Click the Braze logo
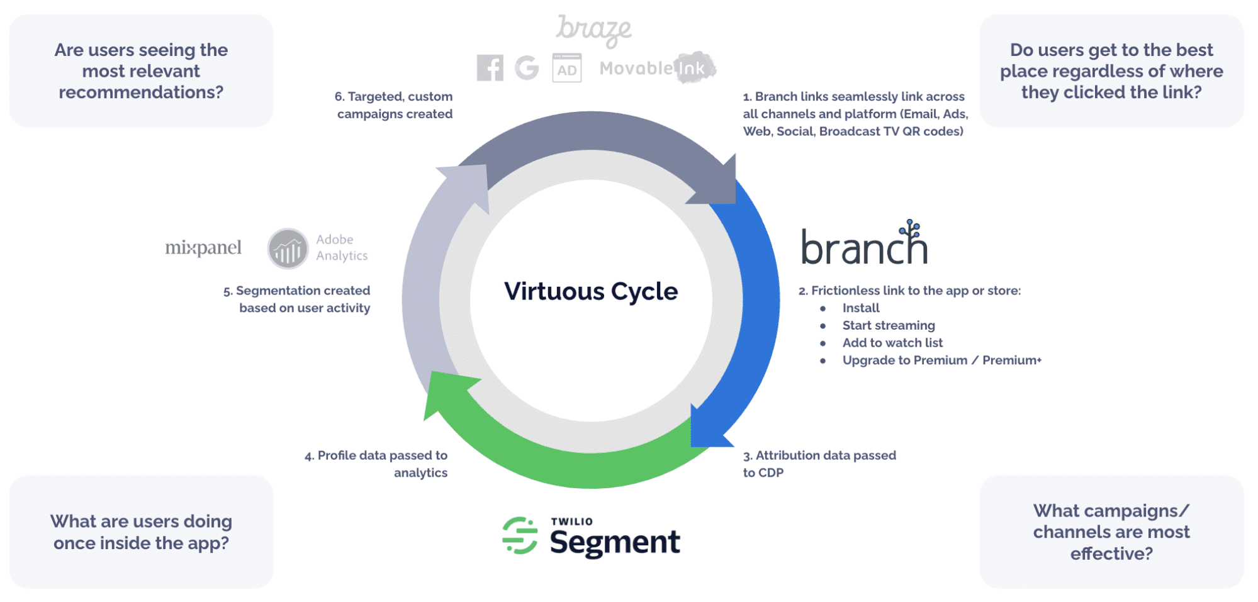[593, 30]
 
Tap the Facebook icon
[490, 68]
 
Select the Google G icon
[527, 68]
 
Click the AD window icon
[566, 69]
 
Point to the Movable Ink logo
[657, 68]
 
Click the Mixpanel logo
[203, 248]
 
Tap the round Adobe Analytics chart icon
[288, 248]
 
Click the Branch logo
[864, 245]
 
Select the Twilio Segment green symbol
[520, 536]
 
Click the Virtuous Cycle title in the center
[591, 291]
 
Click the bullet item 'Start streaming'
[889, 325]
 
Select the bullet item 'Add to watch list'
[892, 343]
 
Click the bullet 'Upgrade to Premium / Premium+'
[941, 360]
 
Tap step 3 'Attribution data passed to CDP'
[819, 464]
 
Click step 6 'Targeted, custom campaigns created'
[394, 105]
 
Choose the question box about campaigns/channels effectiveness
[1111, 532]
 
